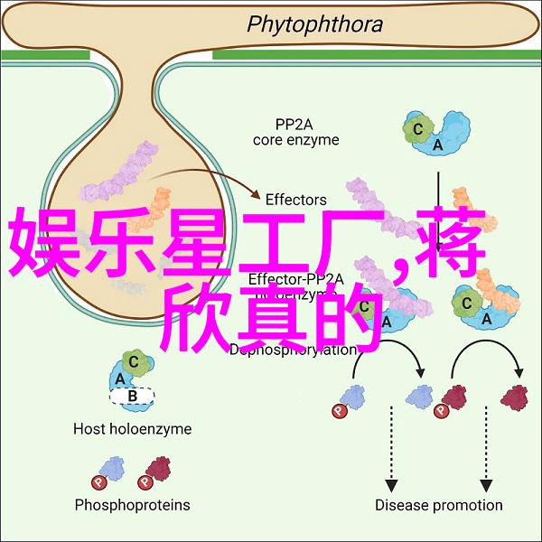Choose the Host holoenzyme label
(132, 430)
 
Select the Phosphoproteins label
(132, 505)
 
